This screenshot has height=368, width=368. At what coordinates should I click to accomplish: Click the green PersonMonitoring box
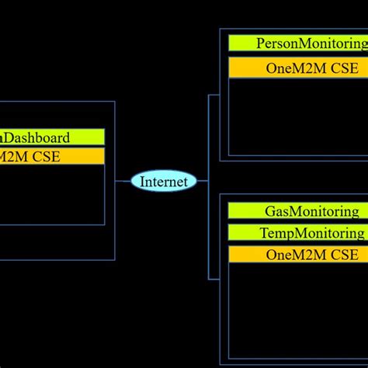pos(298,43)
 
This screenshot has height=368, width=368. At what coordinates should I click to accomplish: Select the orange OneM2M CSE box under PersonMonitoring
pos(298,68)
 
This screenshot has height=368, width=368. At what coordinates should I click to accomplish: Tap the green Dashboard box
pos(51,137)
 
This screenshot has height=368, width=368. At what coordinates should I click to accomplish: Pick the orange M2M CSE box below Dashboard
pos(51,156)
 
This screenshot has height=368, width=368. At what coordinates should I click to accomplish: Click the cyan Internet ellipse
pos(164,182)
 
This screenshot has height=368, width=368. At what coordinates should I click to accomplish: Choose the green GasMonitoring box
pos(298,210)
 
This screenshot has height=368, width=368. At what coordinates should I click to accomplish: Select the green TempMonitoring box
pos(298,232)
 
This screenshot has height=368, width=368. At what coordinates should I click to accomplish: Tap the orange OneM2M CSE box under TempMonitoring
pos(298,254)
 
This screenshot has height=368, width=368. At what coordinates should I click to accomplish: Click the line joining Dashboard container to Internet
pos(123,182)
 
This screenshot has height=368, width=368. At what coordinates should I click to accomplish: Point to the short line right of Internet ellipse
pos(202,182)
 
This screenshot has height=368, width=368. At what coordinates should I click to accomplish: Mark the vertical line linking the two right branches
pos(208,186)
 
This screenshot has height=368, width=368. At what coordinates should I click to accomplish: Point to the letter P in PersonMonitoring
pos(260,43)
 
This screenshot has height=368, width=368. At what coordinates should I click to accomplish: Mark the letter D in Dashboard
pos(12,137)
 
